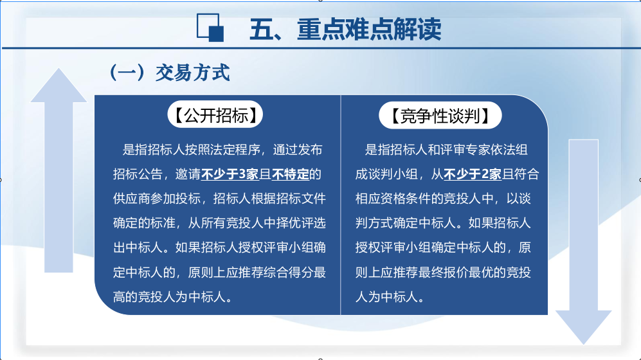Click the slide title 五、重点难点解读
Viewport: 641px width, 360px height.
345,30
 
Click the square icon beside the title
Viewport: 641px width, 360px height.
210,28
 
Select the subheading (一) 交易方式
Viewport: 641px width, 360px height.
170,73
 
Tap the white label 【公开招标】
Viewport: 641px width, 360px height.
215,114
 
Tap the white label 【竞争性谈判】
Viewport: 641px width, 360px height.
440,116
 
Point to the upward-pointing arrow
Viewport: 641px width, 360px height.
59,170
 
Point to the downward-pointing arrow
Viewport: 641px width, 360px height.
583,242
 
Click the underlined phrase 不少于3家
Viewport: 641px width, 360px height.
230,174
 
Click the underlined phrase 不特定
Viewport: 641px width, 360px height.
290,174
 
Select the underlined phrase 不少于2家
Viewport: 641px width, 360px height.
472,174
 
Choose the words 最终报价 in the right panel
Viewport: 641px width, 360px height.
443,273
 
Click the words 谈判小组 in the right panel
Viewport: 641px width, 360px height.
392,174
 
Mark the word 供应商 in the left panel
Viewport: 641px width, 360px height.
132,199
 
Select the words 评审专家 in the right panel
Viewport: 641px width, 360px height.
465,150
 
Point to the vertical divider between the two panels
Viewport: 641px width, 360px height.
341,205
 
